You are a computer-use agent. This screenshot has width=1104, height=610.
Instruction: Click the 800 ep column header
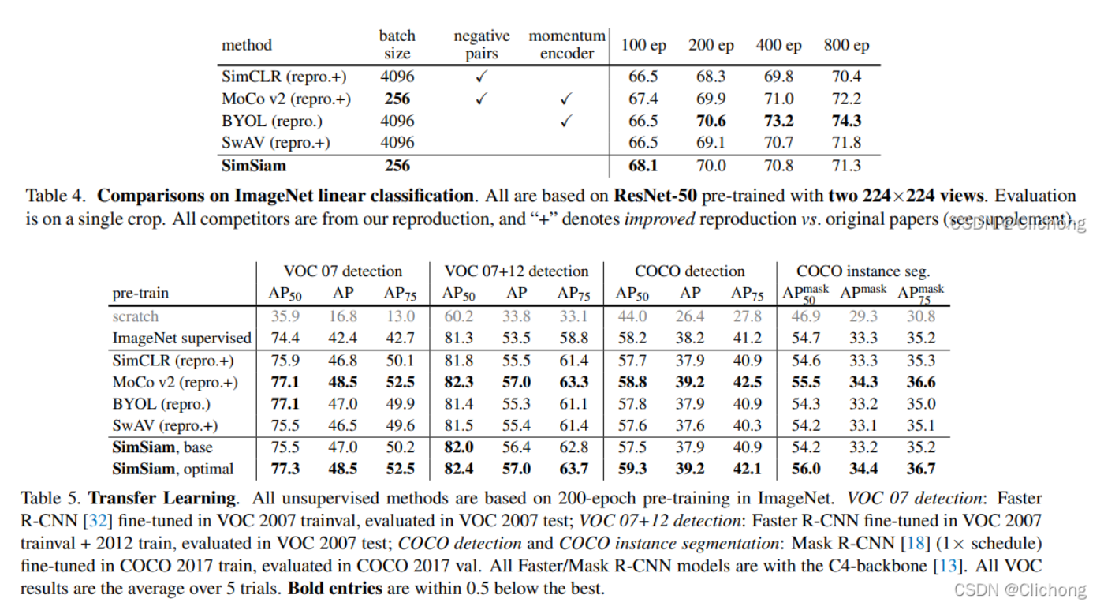pyautogui.click(x=846, y=45)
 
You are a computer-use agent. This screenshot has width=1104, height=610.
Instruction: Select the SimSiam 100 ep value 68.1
pyautogui.click(x=643, y=166)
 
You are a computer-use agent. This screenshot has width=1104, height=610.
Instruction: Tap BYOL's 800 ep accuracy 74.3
pyautogui.click(x=846, y=121)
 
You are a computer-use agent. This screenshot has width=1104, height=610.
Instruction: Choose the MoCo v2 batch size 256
pyautogui.click(x=397, y=99)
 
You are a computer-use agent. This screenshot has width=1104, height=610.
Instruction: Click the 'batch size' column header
pyautogui.click(x=397, y=44)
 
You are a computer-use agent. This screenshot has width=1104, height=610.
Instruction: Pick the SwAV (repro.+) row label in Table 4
pyautogui.click(x=275, y=143)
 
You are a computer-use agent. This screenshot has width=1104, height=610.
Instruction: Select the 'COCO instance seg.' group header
pyautogui.click(x=863, y=271)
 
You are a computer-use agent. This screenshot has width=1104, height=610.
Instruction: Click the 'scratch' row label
pyautogui.click(x=135, y=316)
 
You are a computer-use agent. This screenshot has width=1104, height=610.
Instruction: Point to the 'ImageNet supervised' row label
pyautogui.click(x=181, y=338)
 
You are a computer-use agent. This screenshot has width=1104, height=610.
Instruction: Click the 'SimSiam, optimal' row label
pyautogui.click(x=173, y=469)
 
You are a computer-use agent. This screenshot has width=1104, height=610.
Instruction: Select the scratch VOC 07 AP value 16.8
pyautogui.click(x=342, y=316)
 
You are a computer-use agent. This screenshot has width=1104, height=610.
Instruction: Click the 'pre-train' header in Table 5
pyautogui.click(x=140, y=293)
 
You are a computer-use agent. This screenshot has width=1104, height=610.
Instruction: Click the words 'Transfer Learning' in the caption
pyautogui.click(x=162, y=499)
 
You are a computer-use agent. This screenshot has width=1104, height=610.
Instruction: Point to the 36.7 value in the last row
pyautogui.click(x=920, y=469)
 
